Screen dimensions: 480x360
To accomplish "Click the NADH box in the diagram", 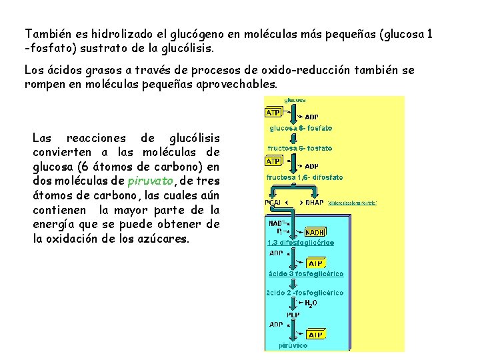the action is click(x=315, y=233).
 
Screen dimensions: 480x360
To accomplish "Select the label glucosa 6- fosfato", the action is click(x=300, y=128).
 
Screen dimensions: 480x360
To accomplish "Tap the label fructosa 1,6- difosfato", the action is click(x=305, y=177).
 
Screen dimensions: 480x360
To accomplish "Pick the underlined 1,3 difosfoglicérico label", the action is click(x=301, y=243).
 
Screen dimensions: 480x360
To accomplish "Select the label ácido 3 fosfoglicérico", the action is click(x=305, y=274).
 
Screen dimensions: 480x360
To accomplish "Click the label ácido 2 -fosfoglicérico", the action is click(x=305, y=293).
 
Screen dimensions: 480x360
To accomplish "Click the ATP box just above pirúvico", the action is click(x=315, y=334).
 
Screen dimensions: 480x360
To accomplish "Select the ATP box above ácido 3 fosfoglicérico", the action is click(x=315, y=263).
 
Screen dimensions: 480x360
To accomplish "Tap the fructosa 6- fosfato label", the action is click(x=299, y=148).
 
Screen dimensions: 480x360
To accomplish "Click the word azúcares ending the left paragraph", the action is click(x=167, y=238).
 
